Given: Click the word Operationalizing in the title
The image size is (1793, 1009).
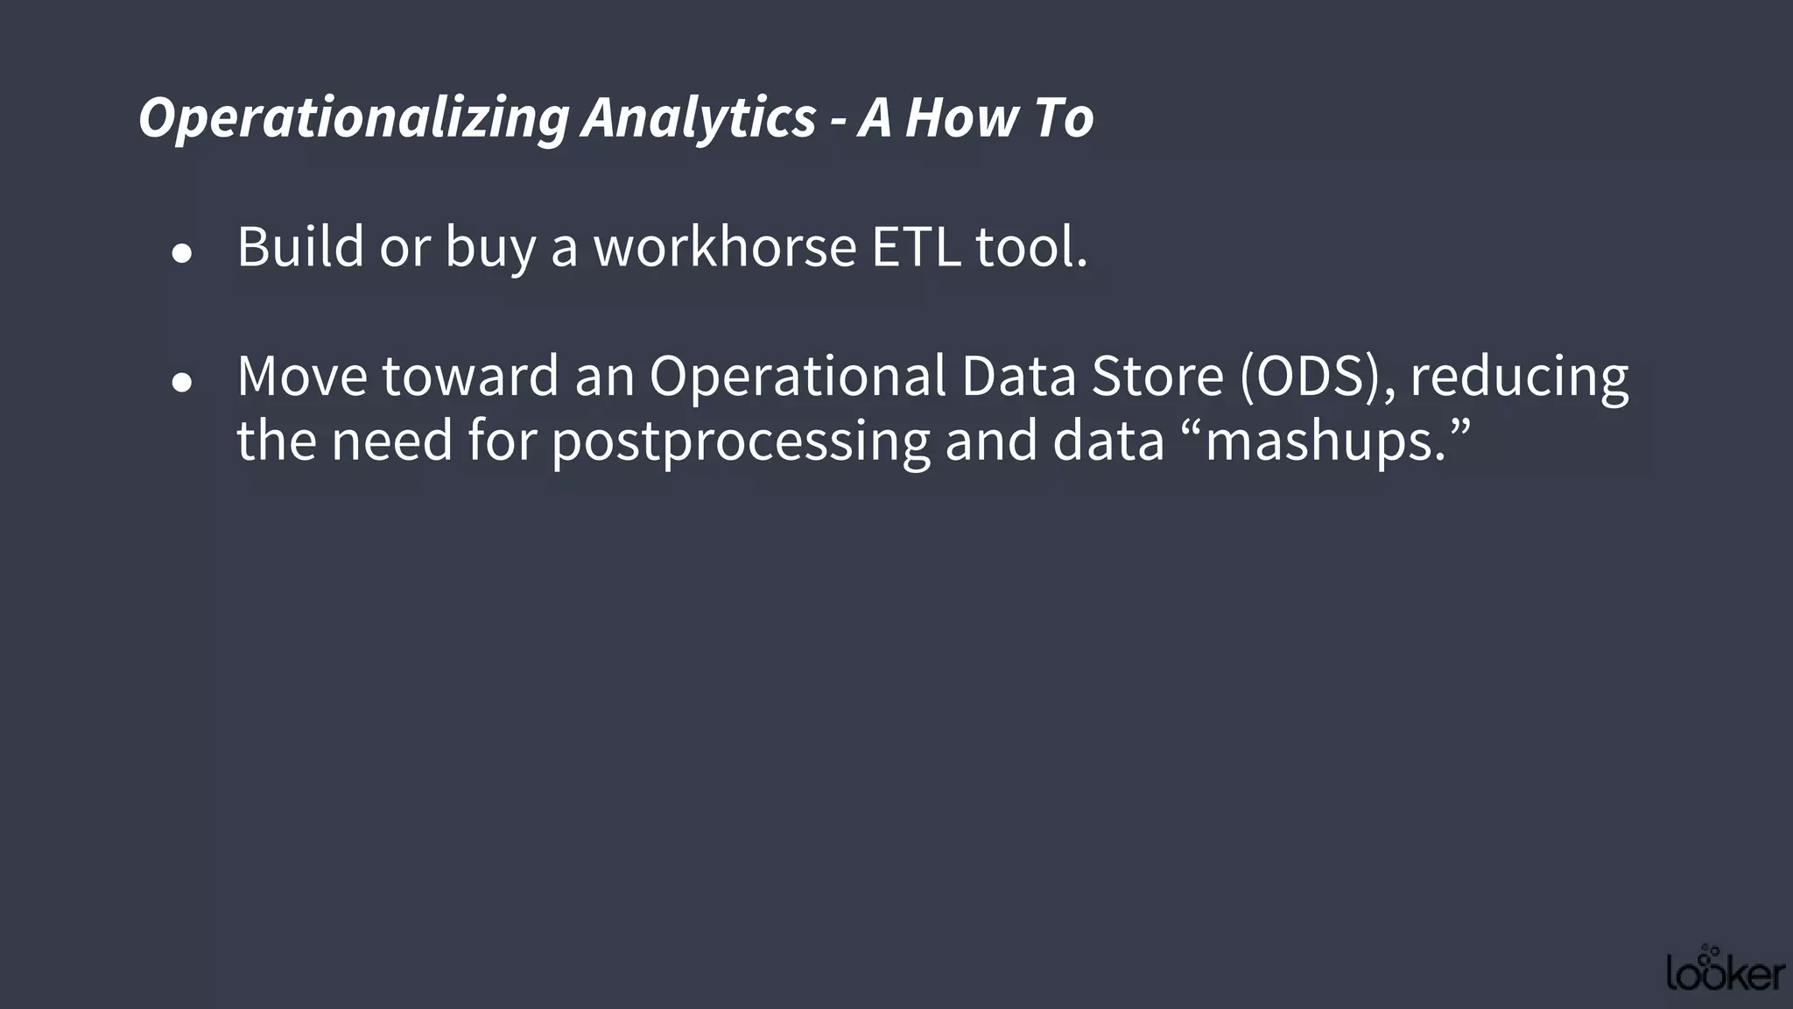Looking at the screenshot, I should click(354, 118).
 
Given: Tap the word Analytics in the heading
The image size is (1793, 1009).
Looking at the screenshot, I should click(699, 118).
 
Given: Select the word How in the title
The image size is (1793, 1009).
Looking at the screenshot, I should click(962, 118).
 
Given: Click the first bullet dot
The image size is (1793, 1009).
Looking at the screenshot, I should click(182, 254).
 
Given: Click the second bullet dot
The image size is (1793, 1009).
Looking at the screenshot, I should click(182, 383).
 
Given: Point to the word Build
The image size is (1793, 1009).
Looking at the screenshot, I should click(300, 247).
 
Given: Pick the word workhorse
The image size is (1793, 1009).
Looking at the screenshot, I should click(725, 247).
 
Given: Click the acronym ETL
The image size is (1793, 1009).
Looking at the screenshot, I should click(916, 247).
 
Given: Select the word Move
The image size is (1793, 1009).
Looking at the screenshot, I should click(302, 376).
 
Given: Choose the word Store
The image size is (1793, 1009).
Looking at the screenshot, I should click(1157, 376).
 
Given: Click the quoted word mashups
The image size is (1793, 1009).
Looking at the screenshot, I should click(1325, 441).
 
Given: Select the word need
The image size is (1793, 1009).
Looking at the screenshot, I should click(391, 441).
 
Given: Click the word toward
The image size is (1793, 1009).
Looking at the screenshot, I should click(471, 376).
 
